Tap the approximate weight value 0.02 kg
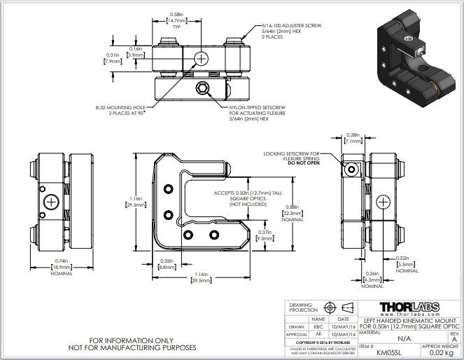click(x=440, y=352)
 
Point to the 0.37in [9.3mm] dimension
click(x=265, y=235)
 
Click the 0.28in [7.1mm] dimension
click(x=352, y=138)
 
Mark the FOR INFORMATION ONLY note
click(x=132, y=340)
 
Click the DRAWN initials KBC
click(x=318, y=326)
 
